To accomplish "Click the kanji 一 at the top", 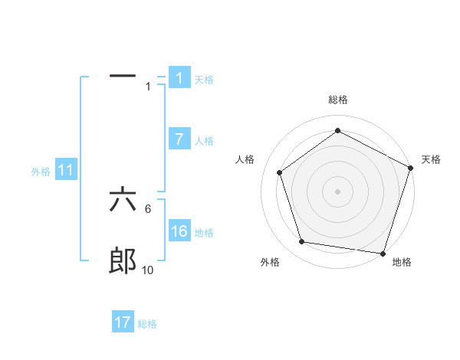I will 123,76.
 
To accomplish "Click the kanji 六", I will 123,201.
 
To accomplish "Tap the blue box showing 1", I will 179,78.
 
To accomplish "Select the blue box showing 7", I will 179,139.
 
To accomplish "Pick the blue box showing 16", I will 179,231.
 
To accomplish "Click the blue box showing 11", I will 65,171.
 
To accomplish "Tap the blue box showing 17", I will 123,322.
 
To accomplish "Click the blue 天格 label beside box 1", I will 204,79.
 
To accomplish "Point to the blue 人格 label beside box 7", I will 204,140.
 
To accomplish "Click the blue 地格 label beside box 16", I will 204,232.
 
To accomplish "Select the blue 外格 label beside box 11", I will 41,172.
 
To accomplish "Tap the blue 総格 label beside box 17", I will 147,323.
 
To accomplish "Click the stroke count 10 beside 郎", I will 148,270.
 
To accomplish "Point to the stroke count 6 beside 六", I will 148,208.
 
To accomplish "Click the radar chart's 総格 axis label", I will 337,100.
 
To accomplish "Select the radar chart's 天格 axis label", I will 431,159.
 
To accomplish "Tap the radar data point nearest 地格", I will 383,253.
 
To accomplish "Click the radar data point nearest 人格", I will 280,172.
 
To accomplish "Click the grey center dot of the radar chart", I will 337,191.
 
